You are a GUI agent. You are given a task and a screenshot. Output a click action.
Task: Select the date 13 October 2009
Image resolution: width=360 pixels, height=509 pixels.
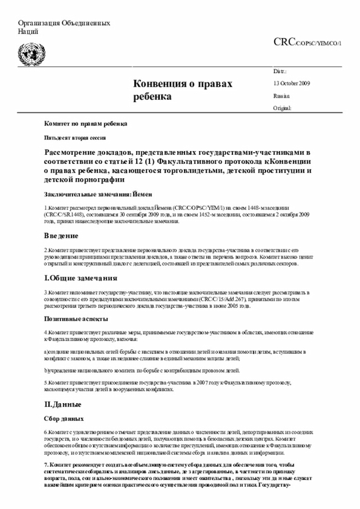pyautogui.click(x=291, y=84)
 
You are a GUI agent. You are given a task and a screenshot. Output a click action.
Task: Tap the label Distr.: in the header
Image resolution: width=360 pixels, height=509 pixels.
pyautogui.click(x=280, y=72)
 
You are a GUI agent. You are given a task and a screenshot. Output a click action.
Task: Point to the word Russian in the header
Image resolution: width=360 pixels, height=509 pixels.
pyautogui.click(x=282, y=96)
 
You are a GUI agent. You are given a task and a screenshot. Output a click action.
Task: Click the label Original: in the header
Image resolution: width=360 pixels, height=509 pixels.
pyautogui.click(x=283, y=107)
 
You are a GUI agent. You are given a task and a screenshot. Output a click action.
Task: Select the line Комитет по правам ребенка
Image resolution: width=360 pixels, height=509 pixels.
pyautogui.click(x=85, y=123)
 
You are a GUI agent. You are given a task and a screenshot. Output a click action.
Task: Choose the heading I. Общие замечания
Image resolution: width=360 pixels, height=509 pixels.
pyautogui.click(x=80, y=278)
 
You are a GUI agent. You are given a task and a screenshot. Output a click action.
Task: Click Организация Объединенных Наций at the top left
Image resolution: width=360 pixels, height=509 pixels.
pyautogui.click(x=64, y=27)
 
